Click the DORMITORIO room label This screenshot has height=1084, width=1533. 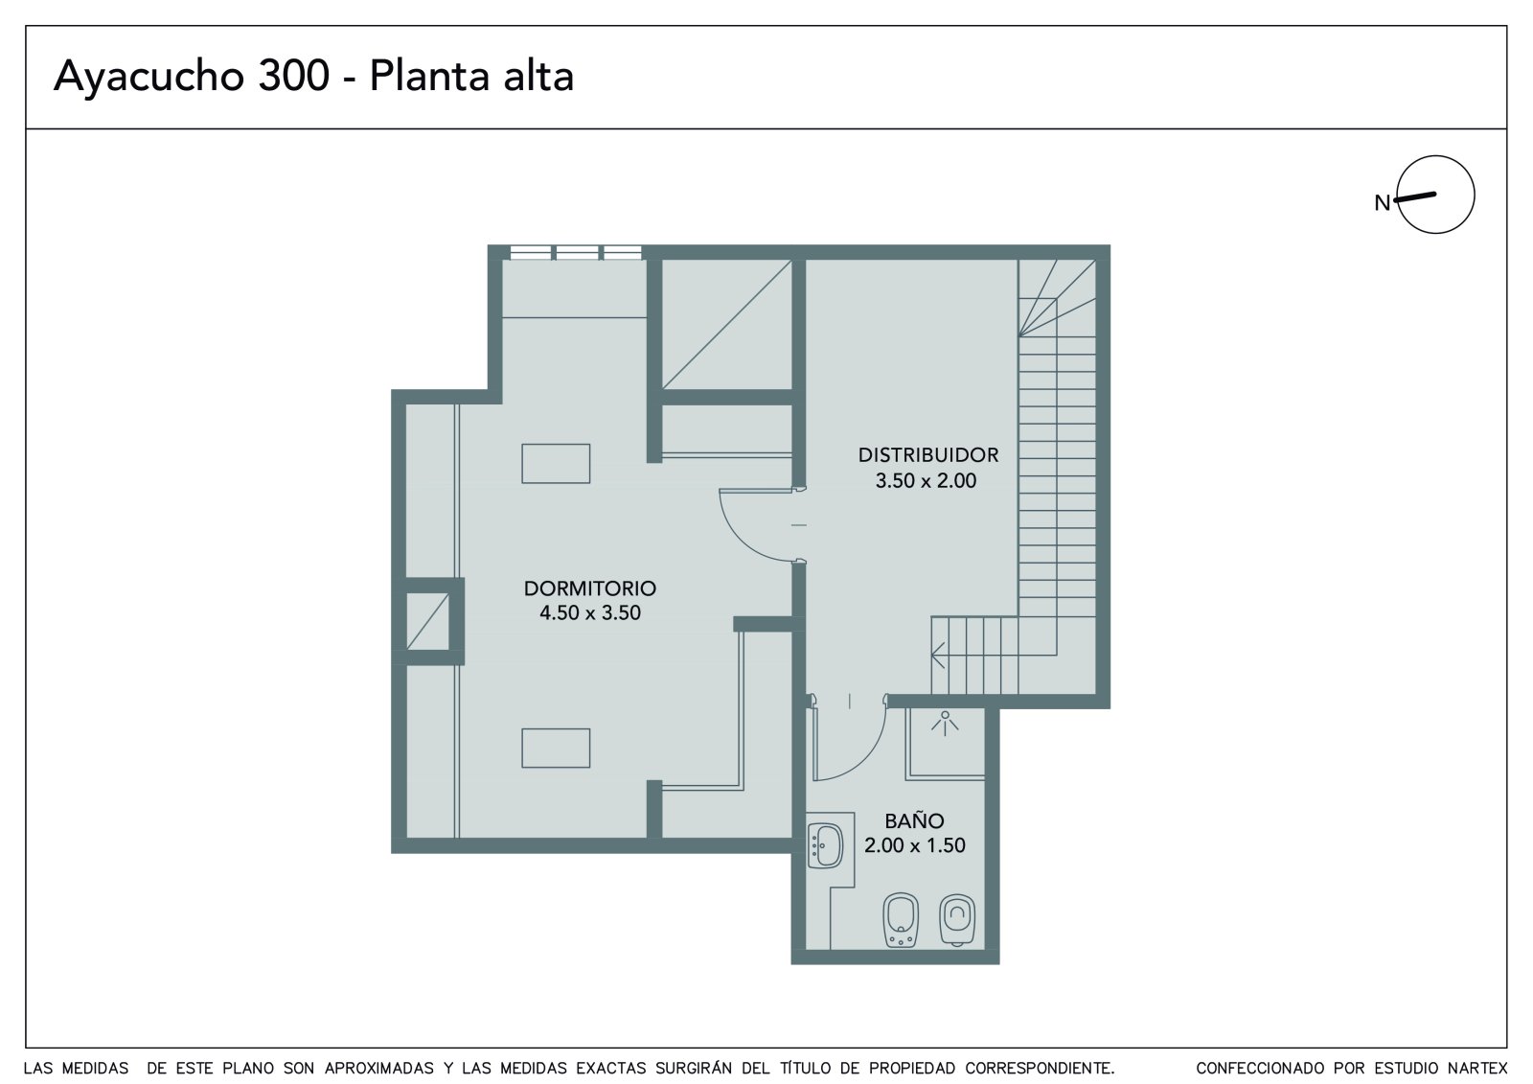coord(590,588)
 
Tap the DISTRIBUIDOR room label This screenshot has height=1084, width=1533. coord(928,454)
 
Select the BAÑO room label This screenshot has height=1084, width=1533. coord(914,819)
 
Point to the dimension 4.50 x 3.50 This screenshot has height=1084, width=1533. coord(590,612)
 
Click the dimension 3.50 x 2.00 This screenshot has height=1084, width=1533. coord(926,481)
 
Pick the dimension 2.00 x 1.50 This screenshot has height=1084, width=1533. coord(914,845)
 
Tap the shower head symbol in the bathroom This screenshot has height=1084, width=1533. coord(945,723)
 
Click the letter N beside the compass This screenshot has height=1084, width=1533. coord(1382,203)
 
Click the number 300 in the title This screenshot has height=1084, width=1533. coord(293,76)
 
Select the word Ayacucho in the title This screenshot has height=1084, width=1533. coord(149,77)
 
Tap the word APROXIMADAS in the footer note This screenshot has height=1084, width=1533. coord(378,1069)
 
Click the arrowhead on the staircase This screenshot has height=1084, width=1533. coord(938,655)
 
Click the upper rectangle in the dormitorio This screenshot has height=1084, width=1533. coord(556,464)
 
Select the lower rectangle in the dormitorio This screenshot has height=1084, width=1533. coord(556,748)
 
